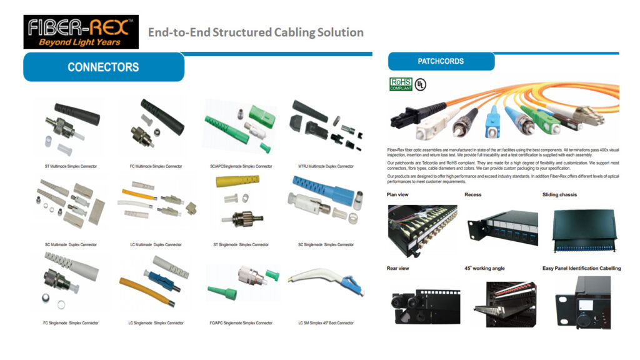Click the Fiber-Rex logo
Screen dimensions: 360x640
coord(81,32)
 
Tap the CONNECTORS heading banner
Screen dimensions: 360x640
coord(103,67)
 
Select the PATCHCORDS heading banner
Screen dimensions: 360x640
coord(441,61)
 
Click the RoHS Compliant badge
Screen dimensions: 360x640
coord(401,84)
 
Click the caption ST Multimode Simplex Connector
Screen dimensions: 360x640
coord(71,166)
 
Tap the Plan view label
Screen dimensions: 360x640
coord(397,195)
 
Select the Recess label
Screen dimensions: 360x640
coord(473,195)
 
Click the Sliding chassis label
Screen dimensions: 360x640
coord(559,195)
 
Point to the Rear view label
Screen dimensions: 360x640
coord(398,269)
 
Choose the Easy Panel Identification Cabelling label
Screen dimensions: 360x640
coord(581,269)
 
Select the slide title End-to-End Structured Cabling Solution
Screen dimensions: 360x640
coord(256,32)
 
